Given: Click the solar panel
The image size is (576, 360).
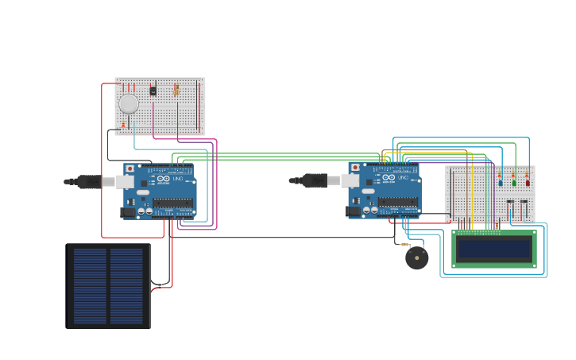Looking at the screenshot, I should pos(107,285).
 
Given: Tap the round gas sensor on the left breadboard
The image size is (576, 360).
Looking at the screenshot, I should pos(129,103).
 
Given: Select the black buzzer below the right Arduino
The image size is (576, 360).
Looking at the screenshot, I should pos(416,257).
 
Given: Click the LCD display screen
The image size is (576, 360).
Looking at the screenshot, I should pos(493,249).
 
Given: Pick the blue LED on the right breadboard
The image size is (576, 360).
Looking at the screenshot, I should pos(501,182).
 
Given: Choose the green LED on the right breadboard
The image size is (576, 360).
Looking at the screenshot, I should pos(514,182).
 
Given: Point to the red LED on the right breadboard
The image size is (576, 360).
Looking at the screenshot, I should pos(528,182).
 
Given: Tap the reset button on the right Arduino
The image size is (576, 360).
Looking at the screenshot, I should pos(354,168).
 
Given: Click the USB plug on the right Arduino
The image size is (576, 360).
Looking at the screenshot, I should pos(314,181).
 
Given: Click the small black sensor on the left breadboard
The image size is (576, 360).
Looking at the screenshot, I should pos(153,91).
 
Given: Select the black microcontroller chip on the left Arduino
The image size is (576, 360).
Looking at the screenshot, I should pos(172,203).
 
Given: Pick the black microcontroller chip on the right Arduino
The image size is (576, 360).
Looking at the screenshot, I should pos(397,202).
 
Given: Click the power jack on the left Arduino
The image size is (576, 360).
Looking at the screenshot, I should pos(127,212).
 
